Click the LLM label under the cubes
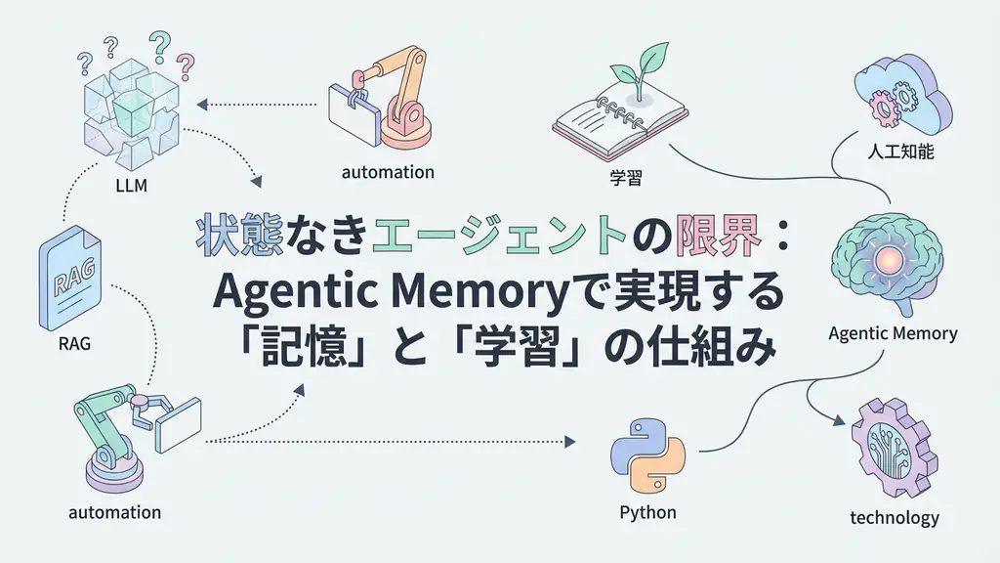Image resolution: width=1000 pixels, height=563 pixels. [x=131, y=185]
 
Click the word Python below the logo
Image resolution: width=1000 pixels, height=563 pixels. [x=647, y=512]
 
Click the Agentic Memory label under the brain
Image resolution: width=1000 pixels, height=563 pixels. [x=892, y=333]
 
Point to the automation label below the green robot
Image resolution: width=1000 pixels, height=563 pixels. [x=115, y=512]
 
